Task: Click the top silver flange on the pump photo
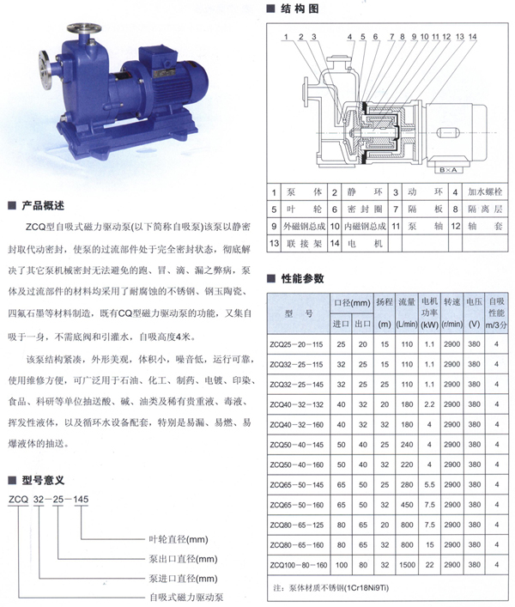pyautogui.click(x=83, y=37)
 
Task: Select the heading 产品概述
pyautogui.click(x=42, y=206)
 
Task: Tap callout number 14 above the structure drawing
pyautogui.click(x=472, y=37)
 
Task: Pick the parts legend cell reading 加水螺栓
pyautogui.click(x=484, y=193)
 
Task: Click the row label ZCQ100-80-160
pyautogui.click(x=298, y=564)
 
